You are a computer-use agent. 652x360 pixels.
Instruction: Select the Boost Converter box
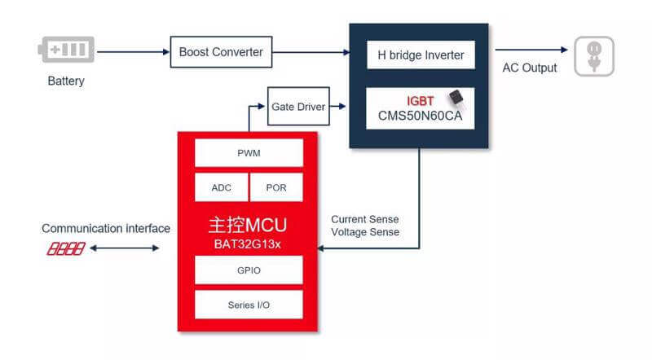[221, 52]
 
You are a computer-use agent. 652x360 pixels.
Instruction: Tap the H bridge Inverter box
[421, 55]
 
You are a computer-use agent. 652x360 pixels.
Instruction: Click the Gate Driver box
[298, 107]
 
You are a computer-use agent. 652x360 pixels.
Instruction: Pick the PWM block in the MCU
[249, 152]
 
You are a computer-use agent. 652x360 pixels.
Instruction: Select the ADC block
[221, 187]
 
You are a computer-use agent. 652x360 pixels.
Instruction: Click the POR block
[276, 187]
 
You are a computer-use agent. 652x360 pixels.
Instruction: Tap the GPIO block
[249, 270]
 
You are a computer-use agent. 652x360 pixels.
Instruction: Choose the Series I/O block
[249, 305]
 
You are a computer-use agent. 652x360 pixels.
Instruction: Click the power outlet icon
[593, 56]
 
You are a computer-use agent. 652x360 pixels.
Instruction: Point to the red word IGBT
[420, 101]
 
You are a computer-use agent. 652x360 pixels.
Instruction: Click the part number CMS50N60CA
[420, 116]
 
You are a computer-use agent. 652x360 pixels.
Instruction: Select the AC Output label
[530, 68]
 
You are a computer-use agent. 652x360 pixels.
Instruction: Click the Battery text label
[65, 81]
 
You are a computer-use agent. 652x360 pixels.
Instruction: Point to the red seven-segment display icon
[65, 248]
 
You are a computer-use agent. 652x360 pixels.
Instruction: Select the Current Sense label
[364, 219]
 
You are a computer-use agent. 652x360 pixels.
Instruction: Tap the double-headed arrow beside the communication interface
[126, 248]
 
